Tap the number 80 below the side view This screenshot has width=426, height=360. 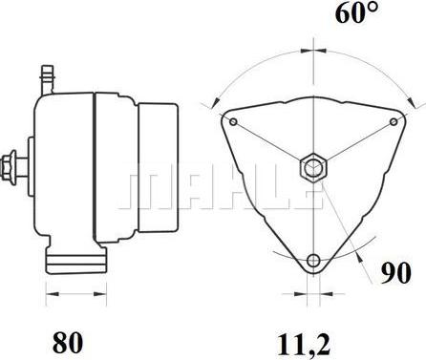point(68,342)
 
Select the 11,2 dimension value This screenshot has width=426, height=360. point(305,345)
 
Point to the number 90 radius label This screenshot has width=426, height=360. point(396,273)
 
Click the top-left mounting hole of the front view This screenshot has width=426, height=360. point(233,121)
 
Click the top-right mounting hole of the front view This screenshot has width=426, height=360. point(394,121)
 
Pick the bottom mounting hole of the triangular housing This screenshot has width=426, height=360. point(314,260)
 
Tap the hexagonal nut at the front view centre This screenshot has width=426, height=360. point(313,168)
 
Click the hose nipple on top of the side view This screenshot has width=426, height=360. point(48,79)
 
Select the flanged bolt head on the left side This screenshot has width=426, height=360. point(9,168)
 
